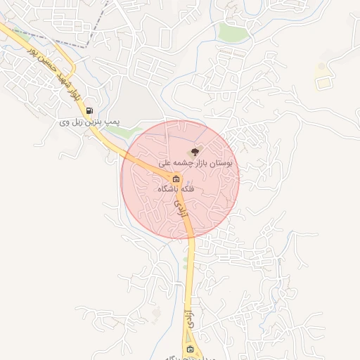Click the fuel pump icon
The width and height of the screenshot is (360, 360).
point(89,110)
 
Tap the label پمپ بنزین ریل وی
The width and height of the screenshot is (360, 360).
point(90,122)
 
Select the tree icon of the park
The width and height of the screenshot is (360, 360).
point(195,150)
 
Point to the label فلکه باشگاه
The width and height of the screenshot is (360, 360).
point(176,189)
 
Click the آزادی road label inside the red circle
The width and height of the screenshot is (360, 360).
point(181,210)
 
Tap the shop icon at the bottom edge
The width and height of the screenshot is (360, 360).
point(190,349)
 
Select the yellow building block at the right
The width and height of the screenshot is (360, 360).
point(323,82)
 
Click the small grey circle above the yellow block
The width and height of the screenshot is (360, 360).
point(321,67)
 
